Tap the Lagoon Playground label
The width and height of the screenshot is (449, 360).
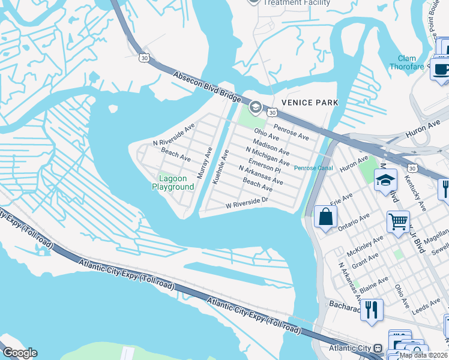(176, 182)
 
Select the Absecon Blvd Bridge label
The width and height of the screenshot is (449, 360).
(207, 86)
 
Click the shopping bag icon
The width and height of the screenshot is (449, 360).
(325, 217)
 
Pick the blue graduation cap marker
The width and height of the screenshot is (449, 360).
(385, 179)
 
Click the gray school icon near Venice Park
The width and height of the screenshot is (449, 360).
(255, 107)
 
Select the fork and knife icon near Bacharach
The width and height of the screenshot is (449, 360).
(371, 310)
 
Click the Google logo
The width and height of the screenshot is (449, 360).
(19, 353)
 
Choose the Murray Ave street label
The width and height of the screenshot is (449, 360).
(205, 162)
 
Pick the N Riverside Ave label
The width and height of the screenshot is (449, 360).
(173, 136)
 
